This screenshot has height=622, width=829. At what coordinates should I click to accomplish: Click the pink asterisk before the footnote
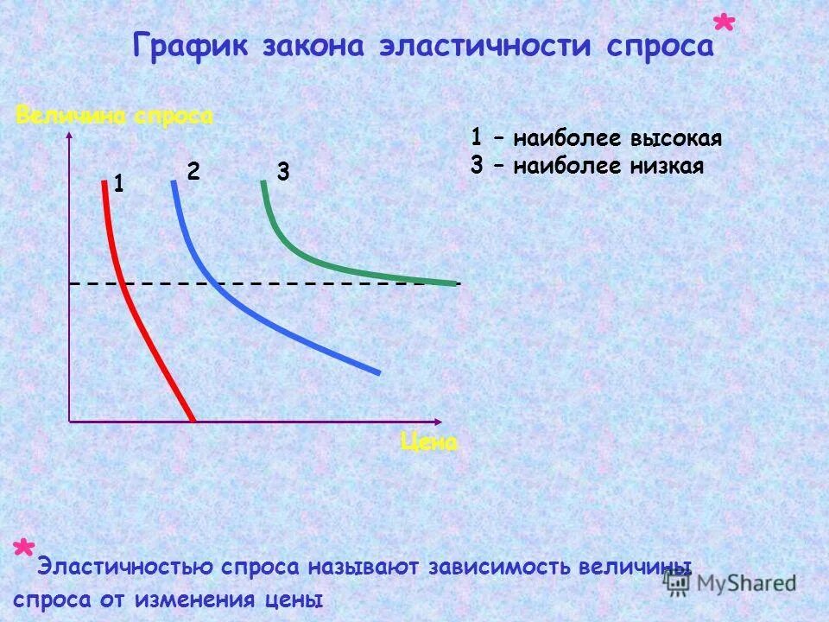pos(23,550)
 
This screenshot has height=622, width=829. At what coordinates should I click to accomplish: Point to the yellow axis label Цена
pos(429,442)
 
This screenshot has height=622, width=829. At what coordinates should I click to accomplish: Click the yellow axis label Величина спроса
pos(114,117)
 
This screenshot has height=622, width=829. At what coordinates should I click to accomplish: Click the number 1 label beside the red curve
pos(118,183)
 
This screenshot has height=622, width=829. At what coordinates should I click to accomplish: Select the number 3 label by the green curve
pos(282,172)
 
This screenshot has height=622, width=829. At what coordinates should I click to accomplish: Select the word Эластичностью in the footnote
pos(122,568)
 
